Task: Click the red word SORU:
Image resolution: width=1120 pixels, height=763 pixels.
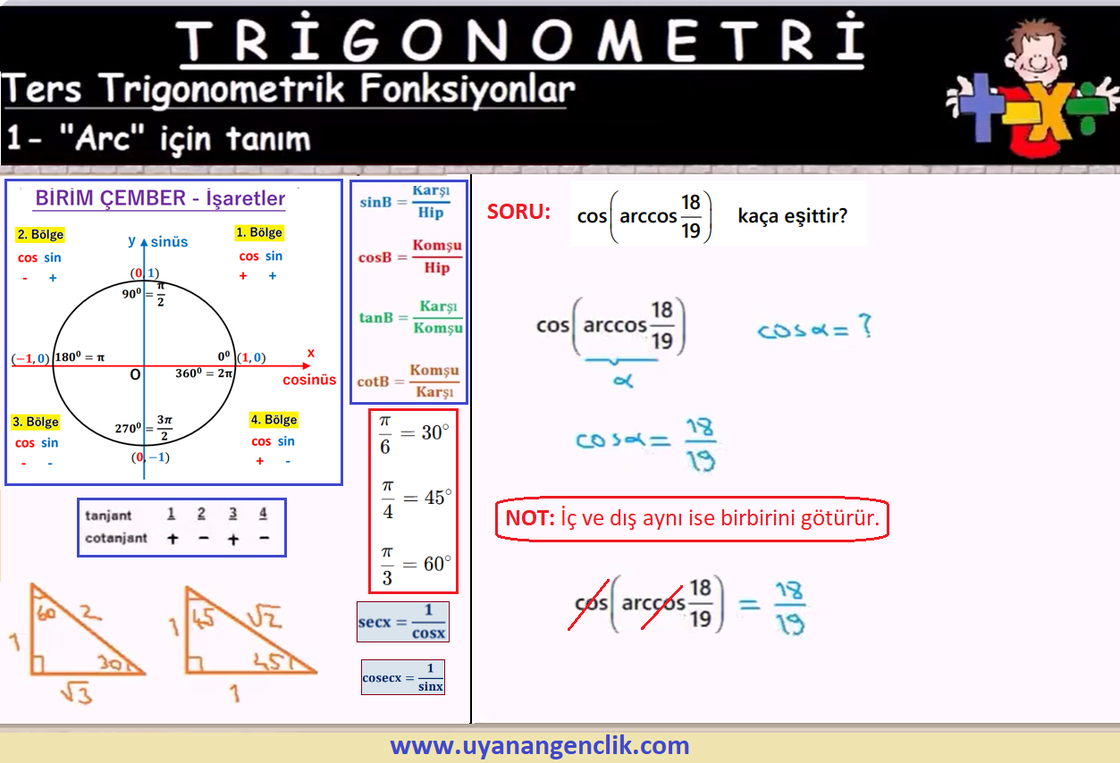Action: coord(518,212)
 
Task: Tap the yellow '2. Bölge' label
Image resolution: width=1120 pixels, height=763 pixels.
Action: coord(40,234)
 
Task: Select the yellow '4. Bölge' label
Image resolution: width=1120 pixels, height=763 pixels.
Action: coord(274,420)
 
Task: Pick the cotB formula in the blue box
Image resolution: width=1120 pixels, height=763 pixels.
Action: coord(408,381)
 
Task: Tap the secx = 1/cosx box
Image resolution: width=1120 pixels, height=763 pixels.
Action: coord(403,622)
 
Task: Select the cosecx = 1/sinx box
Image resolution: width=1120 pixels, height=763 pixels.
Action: coord(403,677)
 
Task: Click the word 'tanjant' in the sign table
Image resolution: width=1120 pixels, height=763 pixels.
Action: coord(108,516)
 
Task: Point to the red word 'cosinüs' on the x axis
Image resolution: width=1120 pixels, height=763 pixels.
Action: coord(309,380)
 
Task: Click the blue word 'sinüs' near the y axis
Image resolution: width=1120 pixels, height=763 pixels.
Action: coord(170,242)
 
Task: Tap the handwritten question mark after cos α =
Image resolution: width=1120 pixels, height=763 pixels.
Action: coord(865,326)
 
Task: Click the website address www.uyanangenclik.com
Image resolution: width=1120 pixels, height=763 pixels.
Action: coord(540,745)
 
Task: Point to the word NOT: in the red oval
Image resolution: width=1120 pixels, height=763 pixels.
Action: coord(530,518)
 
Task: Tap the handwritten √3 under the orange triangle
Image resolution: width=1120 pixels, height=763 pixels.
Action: coord(77,693)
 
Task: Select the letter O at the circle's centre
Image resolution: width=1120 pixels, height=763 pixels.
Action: coord(135,374)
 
